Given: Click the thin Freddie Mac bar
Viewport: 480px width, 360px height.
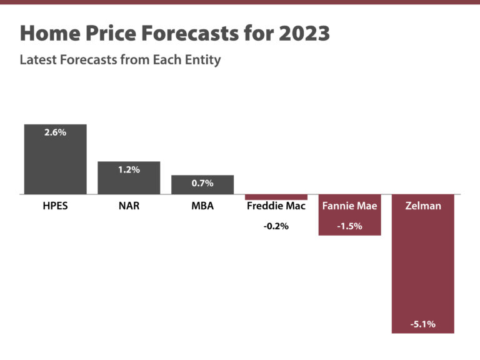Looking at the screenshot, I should point(276,197).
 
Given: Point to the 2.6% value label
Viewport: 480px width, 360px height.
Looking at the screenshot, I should point(55,132).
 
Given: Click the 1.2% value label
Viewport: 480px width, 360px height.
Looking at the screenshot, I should point(129,170).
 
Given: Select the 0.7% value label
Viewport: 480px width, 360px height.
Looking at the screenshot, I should point(202,183).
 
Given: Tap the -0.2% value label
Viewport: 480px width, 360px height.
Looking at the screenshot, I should point(276,226).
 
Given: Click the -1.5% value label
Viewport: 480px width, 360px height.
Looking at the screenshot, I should point(349,226).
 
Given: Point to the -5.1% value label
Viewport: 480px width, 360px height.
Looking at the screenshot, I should point(422,324).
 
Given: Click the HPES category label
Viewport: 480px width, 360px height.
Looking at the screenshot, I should point(55,206).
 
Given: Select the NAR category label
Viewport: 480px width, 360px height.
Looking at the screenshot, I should point(129,206).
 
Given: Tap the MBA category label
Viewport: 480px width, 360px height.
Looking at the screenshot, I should point(202,206).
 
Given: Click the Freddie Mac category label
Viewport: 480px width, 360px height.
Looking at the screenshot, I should point(276,206).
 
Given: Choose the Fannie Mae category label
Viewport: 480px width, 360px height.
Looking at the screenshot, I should point(349,206).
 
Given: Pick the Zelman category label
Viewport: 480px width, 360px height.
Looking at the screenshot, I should point(422,206).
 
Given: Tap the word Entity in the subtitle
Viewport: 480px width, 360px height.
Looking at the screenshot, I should point(201,61).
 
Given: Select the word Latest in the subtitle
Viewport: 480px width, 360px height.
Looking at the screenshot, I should point(39,61).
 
